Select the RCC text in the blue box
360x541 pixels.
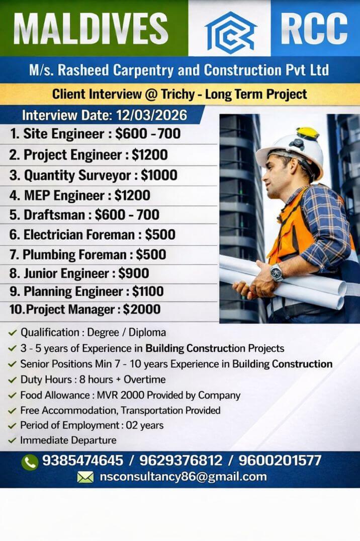pos(315,28)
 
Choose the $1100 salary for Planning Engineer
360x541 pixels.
pos(148,291)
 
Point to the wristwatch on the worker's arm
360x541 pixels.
pos(276,272)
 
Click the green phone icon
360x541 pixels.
pos(30,461)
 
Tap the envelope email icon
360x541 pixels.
pos(85,477)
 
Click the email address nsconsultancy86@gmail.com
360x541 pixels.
pos(183,477)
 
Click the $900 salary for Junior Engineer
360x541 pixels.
pos(134,273)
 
